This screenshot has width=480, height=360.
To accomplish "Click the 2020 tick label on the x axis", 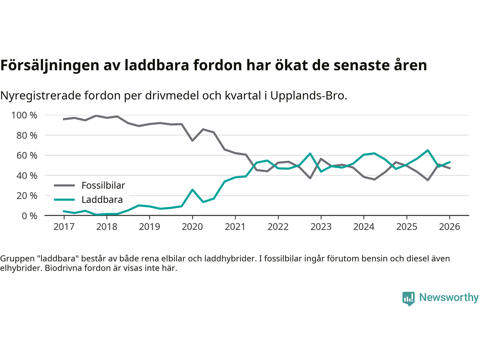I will [192, 227].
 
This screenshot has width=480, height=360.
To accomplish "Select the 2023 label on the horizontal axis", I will [321, 227].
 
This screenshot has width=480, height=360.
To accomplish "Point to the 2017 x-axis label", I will [64, 227].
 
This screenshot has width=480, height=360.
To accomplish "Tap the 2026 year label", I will [449, 227].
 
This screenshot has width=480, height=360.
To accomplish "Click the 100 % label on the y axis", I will [24, 115].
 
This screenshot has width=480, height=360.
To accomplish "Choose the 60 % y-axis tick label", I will [27, 155].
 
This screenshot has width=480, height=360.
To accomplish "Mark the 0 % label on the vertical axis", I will [29, 216].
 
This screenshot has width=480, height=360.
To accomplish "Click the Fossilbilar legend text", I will [103, 185].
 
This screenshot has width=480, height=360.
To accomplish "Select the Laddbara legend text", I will [102, 199].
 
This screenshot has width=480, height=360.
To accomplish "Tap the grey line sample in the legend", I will [64, 185].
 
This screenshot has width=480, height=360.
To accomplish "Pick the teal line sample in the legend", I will [64, 199].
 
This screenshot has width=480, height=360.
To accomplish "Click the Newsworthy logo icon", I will [408, 298].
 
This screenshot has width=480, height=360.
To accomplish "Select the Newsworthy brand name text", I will [448, 297].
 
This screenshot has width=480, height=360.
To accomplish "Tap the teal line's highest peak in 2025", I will [428, 150].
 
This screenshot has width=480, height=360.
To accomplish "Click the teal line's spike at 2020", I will [192, 190].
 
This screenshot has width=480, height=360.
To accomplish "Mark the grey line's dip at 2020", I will [192, 141].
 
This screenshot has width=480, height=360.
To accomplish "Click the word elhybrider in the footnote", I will [21, 268].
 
